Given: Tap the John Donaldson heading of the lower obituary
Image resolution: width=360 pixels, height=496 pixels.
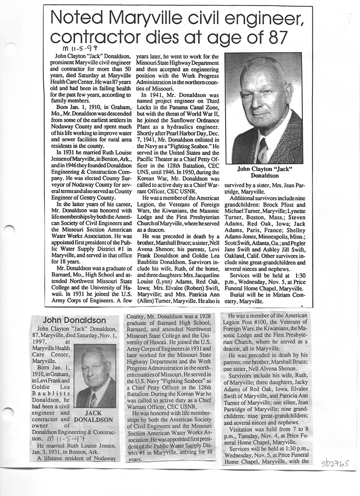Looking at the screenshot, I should point(74,320).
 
